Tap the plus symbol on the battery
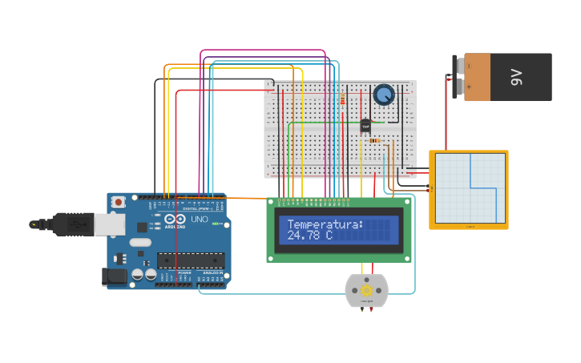click(470, 87)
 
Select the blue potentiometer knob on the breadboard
click(384, 95)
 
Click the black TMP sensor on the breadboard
click(365, 126)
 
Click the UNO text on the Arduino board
click(199, 219)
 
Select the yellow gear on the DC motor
click(366, 290)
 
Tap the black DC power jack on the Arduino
click(115, 277)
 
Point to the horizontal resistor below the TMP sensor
click(373, 140)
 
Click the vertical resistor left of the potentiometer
click(343, 99)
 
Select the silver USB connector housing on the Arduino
click(110, 224)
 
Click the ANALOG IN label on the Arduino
click(212, 272)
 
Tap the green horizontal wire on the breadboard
click(321, 122)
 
